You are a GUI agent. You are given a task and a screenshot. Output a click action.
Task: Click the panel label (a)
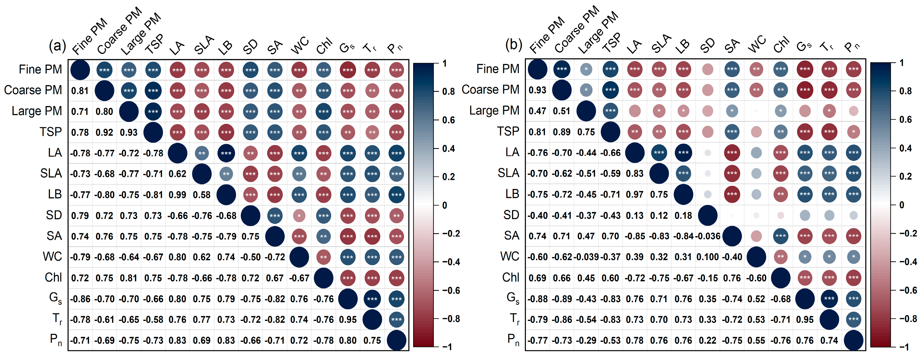tap(57, 45)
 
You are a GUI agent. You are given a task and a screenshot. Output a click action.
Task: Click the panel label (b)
tap(514, 45)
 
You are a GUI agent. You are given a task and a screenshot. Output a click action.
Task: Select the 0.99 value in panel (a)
tap(177, 195)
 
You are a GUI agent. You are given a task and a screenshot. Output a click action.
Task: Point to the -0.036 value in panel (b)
tap(707, 236)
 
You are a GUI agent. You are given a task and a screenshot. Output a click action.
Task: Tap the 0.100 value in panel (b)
tap(707, 257)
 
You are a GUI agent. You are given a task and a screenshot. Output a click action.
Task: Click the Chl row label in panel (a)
tap(53, 278)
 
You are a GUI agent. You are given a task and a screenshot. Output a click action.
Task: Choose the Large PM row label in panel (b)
tap(494, 111)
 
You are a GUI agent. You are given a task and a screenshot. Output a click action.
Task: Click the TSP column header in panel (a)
tap(154, 45)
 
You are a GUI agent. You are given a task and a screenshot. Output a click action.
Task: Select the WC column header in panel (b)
tap(757, 45)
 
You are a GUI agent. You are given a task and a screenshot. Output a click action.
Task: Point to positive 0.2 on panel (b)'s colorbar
tap(905, 176)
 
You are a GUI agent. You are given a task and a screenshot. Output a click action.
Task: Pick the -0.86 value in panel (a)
tap(80, 299)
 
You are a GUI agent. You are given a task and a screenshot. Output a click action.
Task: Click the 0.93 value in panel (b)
tap(537, 90)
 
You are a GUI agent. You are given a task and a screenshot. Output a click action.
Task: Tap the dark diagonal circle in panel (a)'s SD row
tap(250, 216)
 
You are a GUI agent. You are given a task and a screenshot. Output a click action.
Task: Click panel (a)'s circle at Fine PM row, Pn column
tap(396, 70)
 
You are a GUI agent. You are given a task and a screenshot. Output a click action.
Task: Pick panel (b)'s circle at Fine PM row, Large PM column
tap(586, 69)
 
